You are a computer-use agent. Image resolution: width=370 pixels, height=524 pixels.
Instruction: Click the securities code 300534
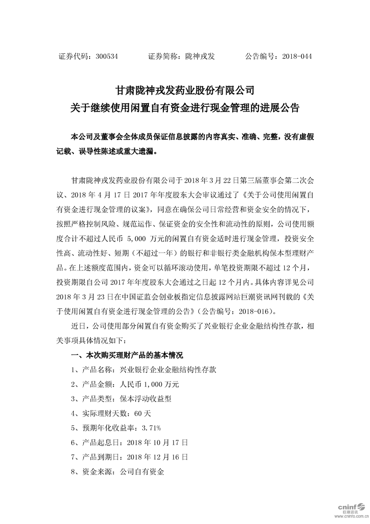(x=106, y=56)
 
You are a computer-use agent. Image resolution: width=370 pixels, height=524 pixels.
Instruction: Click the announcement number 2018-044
(x=295, y=56)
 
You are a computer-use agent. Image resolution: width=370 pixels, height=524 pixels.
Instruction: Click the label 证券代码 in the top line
(x=74, y=56)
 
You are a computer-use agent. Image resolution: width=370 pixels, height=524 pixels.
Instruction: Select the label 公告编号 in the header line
(x=260, y=56)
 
